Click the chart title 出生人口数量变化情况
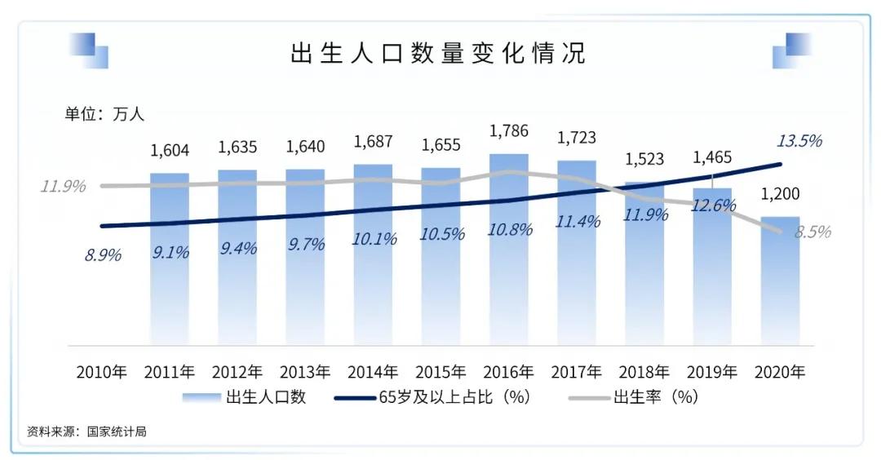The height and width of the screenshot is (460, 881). (438, 54)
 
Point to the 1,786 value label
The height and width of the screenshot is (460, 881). (509, 130)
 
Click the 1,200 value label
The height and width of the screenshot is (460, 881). (781, 194)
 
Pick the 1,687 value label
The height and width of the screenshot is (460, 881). (373, 142)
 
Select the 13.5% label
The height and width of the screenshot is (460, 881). (799, 140)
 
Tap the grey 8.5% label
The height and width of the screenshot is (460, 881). (812, 232)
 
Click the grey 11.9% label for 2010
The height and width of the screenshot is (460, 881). (64, 186)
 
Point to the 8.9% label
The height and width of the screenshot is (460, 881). (103, 254)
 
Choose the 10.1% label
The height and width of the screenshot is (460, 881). (374, 239)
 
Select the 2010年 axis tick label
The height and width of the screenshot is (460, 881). (102, 372)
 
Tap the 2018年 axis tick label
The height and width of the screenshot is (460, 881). (644, 372)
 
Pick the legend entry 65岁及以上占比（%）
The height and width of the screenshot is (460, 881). (432, 398)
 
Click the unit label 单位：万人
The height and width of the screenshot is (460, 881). (104, 114)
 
